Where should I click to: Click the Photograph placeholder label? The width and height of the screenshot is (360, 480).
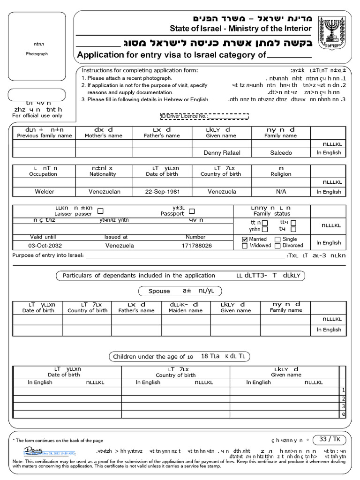click(x=37, y=54)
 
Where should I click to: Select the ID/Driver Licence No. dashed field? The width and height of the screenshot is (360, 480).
click(x=204, y=116)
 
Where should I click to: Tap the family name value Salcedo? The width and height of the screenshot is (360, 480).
click(x=281, y=153)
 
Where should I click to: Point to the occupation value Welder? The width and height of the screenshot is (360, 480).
click(x=45, y=192)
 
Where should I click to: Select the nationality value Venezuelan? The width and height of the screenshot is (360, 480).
click(x=105, y=192)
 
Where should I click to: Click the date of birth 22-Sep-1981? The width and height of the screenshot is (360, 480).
click(x=162, y=192)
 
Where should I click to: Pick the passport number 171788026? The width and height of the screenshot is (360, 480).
click(x=196, y=246)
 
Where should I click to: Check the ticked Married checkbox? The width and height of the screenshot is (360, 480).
click(x=245, y=240)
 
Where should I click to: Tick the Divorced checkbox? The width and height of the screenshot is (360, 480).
click(x=277, y=246)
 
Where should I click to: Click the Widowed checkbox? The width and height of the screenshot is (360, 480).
click(x=245, y=246)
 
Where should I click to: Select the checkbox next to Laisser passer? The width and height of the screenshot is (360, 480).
click(x=100, y=211)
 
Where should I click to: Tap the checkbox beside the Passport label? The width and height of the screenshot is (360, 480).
click(x=192, y=211)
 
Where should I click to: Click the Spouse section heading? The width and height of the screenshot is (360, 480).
click(x=159, y=291)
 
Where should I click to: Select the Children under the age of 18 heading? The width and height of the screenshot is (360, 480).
click(x=152, y=357)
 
